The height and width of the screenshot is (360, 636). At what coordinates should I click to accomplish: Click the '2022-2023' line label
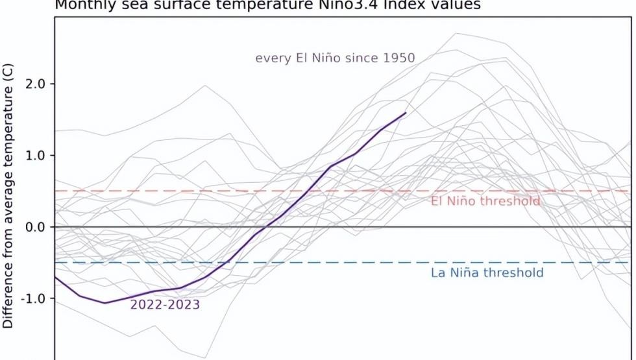[x=165, y=304]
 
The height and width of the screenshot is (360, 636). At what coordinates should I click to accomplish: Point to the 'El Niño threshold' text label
[x=485, y=201]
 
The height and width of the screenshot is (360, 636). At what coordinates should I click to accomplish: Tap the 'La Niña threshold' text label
[x=487, y=272]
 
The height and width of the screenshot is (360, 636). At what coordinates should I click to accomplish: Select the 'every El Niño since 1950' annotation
[x=335, y=58]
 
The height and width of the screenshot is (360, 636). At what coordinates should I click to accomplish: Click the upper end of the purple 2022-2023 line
[x=406, y=112]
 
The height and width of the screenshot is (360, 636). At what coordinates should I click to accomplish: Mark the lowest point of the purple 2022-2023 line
[x=104, y=303]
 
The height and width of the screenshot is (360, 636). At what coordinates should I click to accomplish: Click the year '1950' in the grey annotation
[x=399, y=58]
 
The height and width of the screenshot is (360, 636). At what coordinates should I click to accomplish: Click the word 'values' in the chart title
[x=458, y=5]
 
